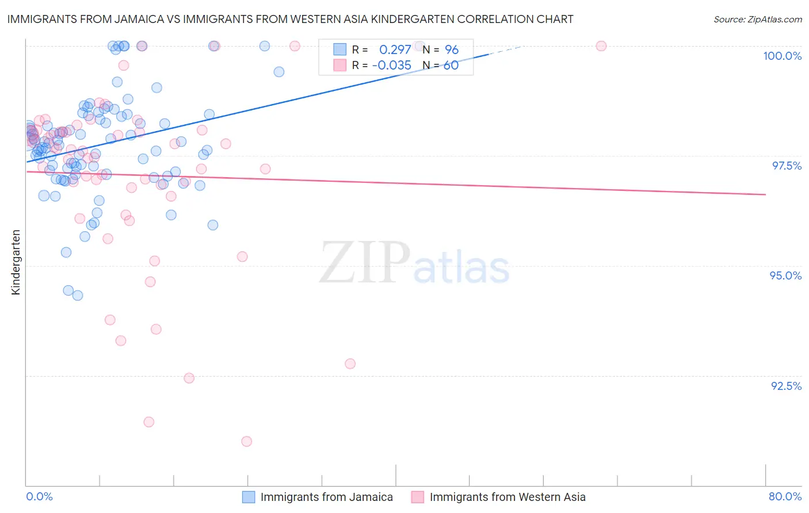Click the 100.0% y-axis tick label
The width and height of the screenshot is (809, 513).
(x=782, y=56)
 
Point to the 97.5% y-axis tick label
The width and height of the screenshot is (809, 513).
(x=786, y=166)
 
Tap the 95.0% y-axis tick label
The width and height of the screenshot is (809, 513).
(x=785, y=275)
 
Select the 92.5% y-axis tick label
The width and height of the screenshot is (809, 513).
(x=786, y=386)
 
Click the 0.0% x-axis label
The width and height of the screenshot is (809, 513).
(x=39, y=496)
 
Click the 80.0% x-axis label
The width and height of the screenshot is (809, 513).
(x=785, y=496)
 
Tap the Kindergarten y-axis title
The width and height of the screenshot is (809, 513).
(x=16, y=262)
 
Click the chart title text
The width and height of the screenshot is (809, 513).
(x=290, y=19)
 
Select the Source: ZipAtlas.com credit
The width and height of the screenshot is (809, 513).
(x=757, y=20)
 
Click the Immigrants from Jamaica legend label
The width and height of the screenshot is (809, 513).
(x=326, y=497)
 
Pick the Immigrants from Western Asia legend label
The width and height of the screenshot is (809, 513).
(x=507, y=497)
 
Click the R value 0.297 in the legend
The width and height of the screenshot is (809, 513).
(x=395, y=49)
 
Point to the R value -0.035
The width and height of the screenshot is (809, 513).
(x=391, y=66)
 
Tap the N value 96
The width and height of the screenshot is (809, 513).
(x=452, y=49)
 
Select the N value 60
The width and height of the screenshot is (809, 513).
(x=451, y=66)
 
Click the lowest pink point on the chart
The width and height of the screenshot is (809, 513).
(x=246, y=441)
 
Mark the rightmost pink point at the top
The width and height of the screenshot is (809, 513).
(x=601, y=46)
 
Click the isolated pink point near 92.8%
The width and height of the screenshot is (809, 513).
(x=350, y=363)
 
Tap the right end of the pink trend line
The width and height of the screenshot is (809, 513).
(x=765, y=194)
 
